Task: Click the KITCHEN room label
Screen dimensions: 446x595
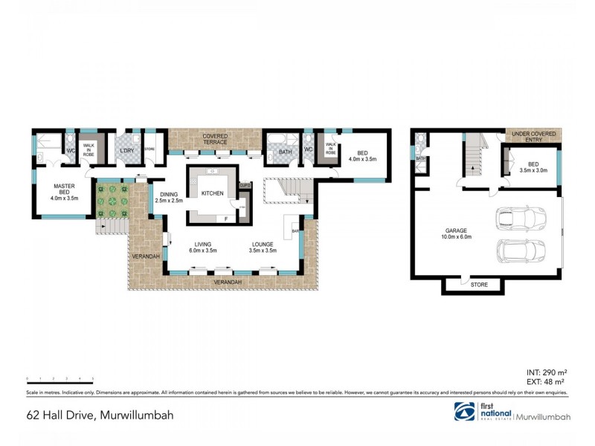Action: (x=211, y=193)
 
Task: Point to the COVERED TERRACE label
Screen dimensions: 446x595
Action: (x=216, y=139)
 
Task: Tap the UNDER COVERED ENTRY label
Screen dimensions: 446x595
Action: (x=534, y=136)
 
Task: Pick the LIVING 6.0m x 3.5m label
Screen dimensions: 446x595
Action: (x=202, y=247)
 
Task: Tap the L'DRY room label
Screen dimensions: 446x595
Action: (x=126, y=152)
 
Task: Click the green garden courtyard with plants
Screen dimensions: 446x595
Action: (x=112, y=199)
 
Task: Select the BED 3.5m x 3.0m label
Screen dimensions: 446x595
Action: (x=533, y=167)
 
